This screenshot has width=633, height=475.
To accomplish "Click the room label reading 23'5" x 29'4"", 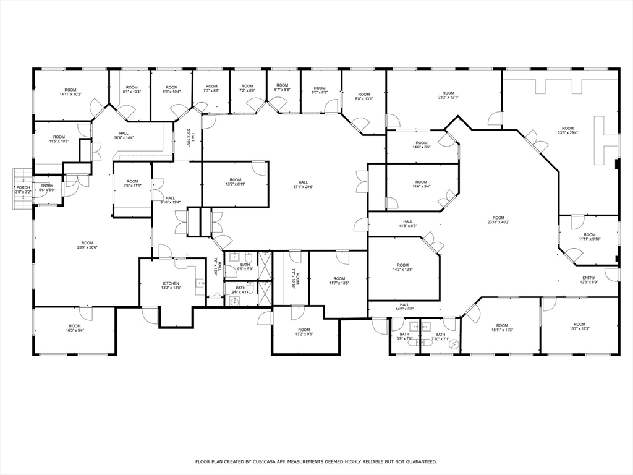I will tap(567, 131).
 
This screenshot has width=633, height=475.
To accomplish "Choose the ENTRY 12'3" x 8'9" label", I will tap(588, 280).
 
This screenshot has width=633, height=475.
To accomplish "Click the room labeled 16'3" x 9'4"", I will tap(75, 328).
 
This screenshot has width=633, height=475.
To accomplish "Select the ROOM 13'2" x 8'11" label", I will tap(235, 182).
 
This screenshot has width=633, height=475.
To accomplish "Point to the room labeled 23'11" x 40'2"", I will tap(498, 220).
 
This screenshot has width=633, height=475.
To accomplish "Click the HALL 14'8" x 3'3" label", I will tap(404, 307).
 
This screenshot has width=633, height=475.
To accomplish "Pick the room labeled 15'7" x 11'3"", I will tap(579, 327).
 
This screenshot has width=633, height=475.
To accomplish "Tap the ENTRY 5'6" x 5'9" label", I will tap(47, 188).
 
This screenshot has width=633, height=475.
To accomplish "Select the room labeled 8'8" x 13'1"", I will tap(363, 97).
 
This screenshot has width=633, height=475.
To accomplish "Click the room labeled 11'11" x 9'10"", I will tap(590, 237).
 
